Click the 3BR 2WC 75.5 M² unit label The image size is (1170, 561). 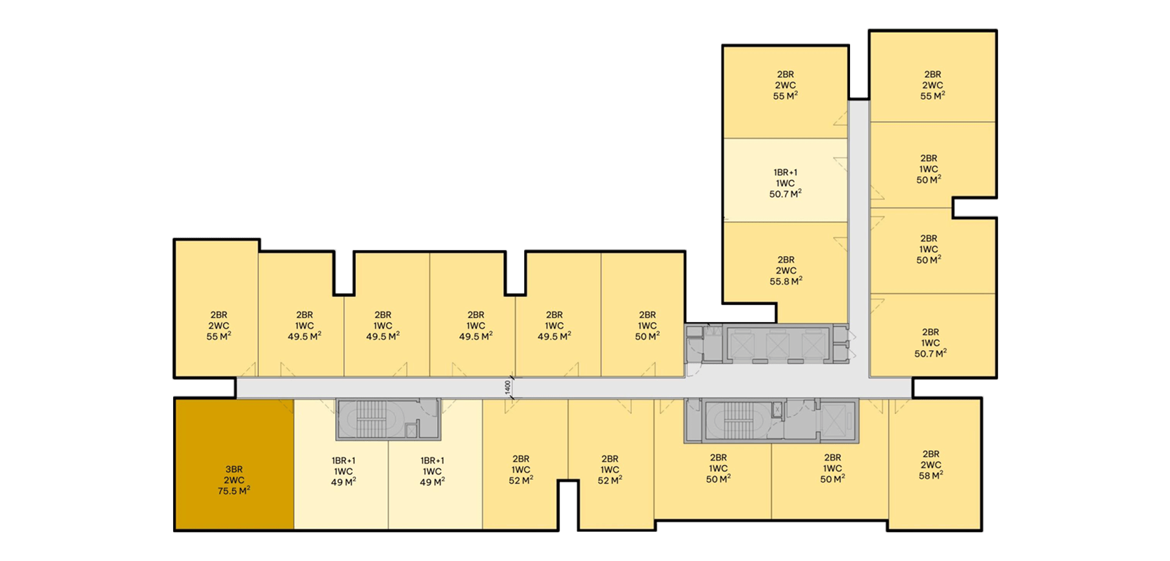click(x=234, y=480)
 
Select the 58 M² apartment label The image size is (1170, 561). click(x=931, y=465)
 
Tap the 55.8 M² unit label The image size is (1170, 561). click(x=785, y=271)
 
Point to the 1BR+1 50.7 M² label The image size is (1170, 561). click(x=785, y=183)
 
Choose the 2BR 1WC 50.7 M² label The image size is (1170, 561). click(x=930, y=343)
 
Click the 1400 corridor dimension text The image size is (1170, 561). click(x=508, y=387)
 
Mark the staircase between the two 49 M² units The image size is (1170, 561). click(x=377, y=420)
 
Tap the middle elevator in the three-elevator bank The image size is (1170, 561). click(x=777, y=345)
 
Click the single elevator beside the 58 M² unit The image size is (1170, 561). click(x=833, y=420)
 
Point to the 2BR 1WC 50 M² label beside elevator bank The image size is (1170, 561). click(x=647, y=326)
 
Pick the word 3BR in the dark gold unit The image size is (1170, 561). click(x=234, y=469)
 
